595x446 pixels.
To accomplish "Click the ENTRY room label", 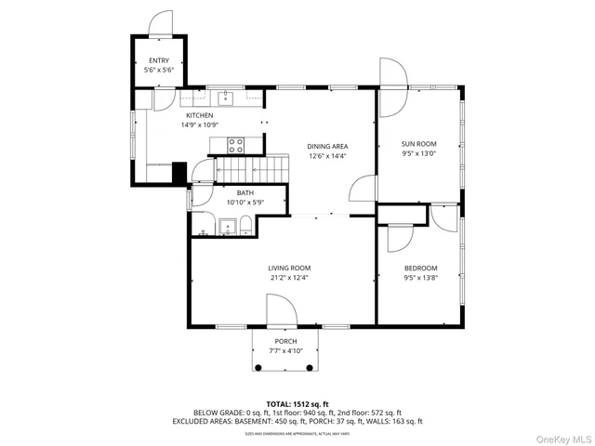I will (x=158, y=60).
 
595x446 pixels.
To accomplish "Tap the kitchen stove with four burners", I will (x=236, y=144).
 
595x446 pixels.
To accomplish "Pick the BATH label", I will (x=245, y=193).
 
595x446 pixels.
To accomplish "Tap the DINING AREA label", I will (x=327, y=147).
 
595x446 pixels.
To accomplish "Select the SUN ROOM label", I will (x=418, y=144).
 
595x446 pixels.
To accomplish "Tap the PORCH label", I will (x=286, y=342).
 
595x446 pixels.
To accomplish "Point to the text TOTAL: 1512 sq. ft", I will (x=297, y=403).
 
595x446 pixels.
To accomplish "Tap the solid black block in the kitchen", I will (x=179, y=173).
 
